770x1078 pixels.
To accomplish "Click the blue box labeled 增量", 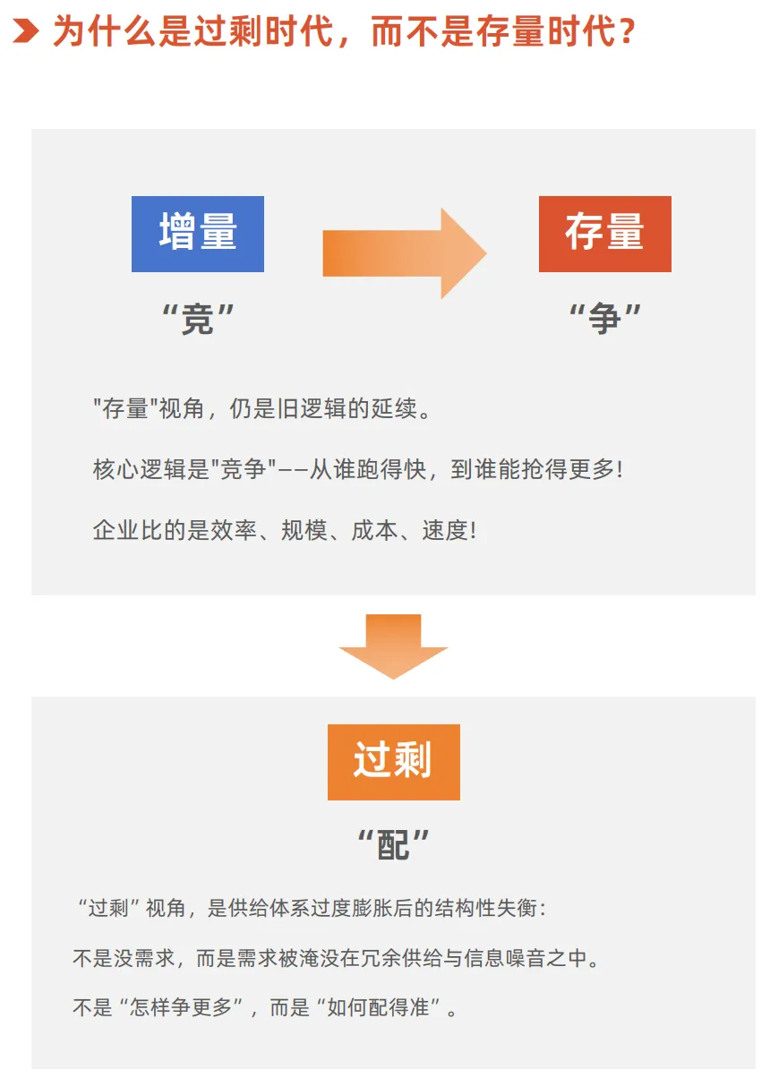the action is pyautogui.click(x=197, y=234).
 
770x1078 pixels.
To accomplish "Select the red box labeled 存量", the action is pyautogui.click(x=604, y=234).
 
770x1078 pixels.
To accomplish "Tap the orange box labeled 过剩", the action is pyautogui.click(x=393, y=762).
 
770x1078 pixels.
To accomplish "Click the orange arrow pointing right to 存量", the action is pyautogui.click(x=404, y=253).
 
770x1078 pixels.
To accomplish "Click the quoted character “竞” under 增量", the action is pyautogui.click(x=197, y=320).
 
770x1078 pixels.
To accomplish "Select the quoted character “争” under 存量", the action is pyautogui.click(x=605, y=320).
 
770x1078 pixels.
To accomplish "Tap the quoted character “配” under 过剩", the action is pyautogui.click(x=393, y=843).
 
